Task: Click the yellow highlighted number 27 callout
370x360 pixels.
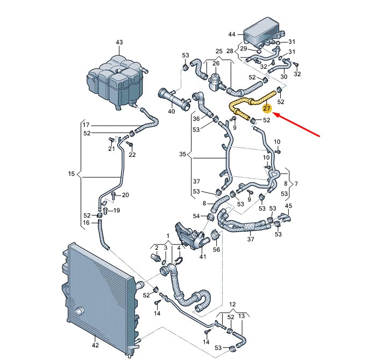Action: tap(267, 109)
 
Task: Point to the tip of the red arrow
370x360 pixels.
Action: tap(273, 114)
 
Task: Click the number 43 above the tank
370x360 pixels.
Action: tap(119, 42)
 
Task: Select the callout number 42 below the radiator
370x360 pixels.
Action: tap(95, 345)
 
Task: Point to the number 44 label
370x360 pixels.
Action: tap(232, 34)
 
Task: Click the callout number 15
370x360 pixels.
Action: tap(72, 174)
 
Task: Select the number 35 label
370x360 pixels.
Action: tap(183, 154)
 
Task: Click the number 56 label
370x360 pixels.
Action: tap(216, 249)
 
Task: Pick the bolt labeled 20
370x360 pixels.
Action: tap(113, 196)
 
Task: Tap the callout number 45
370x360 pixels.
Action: tap(288, 206)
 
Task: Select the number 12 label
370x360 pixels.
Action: tap(232, 304)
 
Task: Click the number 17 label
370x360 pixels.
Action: tap(86, 125)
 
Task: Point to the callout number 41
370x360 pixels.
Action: tap(203, 256)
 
